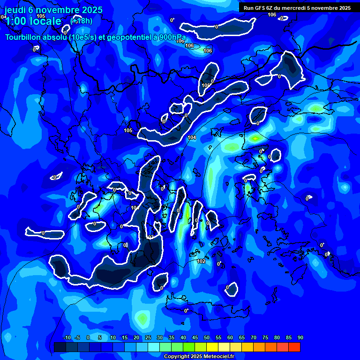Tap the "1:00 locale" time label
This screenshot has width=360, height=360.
33,21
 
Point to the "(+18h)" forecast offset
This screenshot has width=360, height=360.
81,21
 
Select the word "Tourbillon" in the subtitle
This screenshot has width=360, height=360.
23,37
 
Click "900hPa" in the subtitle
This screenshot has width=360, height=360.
172,37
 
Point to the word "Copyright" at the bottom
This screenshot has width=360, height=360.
177,357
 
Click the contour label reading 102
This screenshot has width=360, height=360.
201,261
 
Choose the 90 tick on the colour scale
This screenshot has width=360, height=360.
300,338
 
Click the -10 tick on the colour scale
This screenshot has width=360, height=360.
67,338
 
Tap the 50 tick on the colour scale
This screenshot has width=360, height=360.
207,338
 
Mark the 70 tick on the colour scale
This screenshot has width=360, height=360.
254,338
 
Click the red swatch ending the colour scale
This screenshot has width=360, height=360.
294,347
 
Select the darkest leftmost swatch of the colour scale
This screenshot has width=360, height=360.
60,347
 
